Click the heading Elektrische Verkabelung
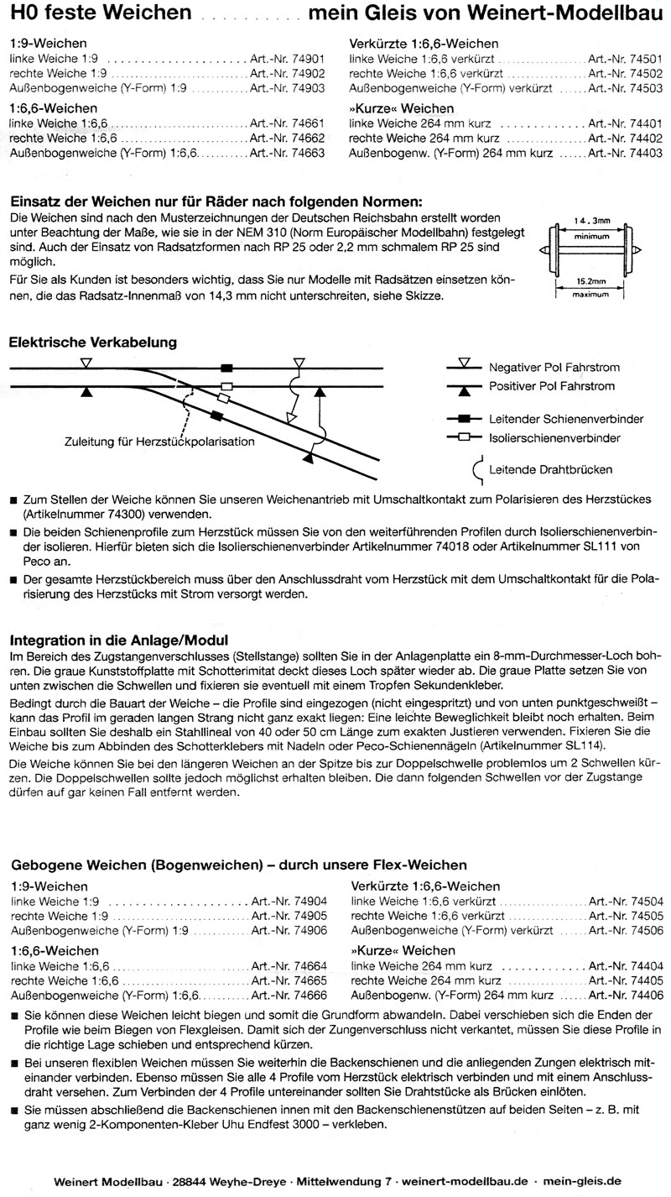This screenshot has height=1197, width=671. pyautogui.click(x=92, y=342)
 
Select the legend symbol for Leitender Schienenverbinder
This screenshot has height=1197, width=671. pyautogui.click(x=464, y=418)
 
